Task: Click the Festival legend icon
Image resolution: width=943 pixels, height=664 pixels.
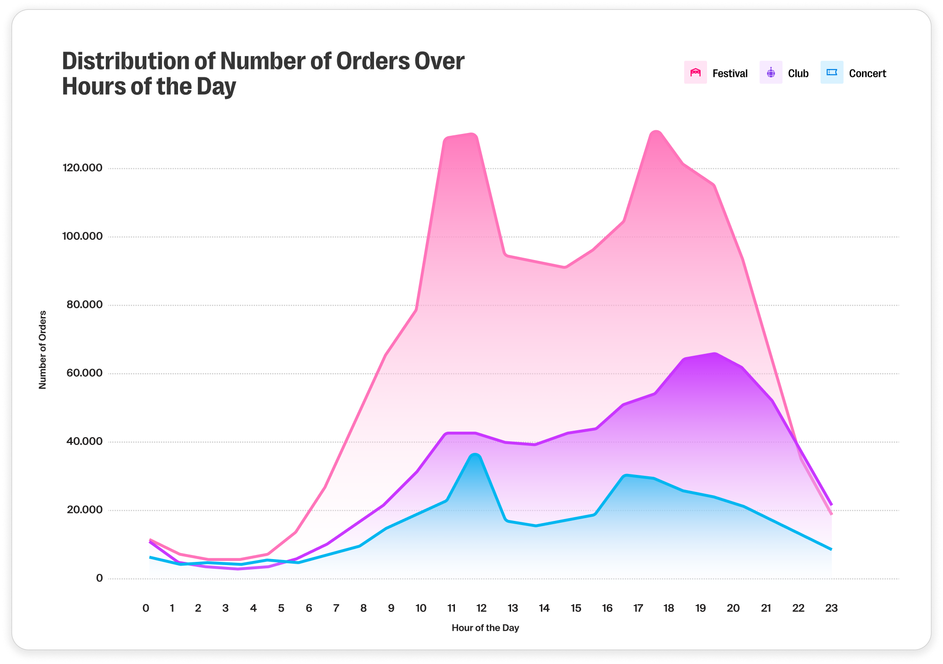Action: [695, 73]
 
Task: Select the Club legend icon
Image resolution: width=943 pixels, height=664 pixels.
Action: [771, 73]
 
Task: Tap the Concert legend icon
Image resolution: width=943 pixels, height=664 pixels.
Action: [832, 73]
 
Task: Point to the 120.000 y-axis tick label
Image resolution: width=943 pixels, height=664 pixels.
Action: [82, 168]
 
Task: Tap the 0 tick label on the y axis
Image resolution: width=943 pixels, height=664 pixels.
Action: [99, 578]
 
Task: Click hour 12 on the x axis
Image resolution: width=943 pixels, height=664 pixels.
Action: [481, 608]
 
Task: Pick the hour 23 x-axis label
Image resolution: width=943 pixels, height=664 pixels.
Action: [831, 608]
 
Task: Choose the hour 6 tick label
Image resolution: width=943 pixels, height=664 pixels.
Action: [309, 608]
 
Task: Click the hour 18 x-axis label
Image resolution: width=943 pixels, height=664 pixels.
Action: [668, 608]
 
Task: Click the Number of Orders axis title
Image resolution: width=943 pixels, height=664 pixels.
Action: [43, 350]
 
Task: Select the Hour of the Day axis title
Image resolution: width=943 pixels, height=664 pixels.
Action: [485, 628]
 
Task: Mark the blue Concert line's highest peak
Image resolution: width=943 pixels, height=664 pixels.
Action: [476, 456]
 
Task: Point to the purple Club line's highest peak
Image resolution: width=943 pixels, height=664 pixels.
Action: [714, 353]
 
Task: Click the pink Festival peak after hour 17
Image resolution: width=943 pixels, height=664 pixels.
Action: [656, 133]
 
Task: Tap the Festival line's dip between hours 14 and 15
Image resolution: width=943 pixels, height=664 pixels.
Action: [565, 267]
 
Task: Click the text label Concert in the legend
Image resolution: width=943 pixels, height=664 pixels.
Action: [867, 74]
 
